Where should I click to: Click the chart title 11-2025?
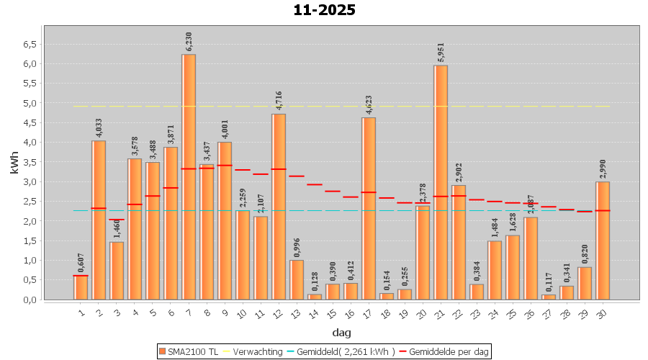pyautogui.click(x=324, y=10)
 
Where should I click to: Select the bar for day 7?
pyautogui.click(x=189, y=176)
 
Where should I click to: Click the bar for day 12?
pyautogui.click(x=279, y=207)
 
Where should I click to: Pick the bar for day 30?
pyautogui.click(x=603, y=240)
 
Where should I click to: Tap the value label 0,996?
pyautogui.click(x=297, y=247)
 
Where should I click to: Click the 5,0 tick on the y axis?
pyautogui.click(x=29, y=103)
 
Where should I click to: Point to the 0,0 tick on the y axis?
pyautogui.click(x=29, y=300)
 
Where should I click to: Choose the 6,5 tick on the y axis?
pyautogui.click(x=29, y=44)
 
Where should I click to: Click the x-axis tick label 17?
pyautogui.click(x=368, y=312)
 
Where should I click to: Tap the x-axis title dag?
pyautogui.click(x=341, y=332)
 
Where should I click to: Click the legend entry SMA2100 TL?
pyautogui.click(x=189, y=351)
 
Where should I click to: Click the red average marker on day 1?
pyautogui.click(x=81, y=276)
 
